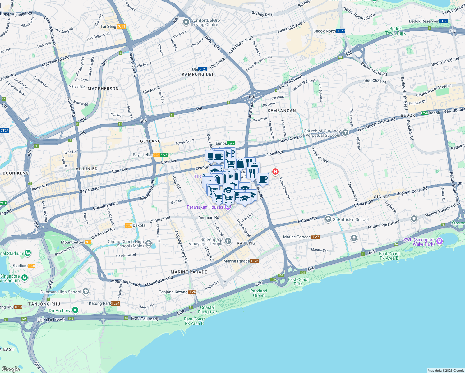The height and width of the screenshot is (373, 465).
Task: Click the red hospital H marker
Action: [275, 172]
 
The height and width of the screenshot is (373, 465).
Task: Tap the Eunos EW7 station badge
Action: [231, 143]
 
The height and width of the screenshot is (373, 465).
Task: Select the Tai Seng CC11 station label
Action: [121, 26]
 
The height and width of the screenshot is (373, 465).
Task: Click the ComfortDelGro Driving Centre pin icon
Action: [186, 22]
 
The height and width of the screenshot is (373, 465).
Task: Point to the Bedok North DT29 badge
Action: [341, 31]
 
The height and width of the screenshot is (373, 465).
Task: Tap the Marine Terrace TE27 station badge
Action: [315, 237]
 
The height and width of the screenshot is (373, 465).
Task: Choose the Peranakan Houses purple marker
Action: [228, 207]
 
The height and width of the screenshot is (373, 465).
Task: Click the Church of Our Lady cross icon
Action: [345, 133]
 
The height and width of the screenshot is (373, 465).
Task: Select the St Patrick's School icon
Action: [328, 219]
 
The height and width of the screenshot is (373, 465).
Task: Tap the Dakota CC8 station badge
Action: [129, 225]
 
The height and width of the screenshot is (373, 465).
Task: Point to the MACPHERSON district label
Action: [103, 89]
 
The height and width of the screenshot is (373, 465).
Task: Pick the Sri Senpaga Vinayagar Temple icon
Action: [228, 241]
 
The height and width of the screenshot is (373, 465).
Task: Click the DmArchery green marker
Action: [75, 310]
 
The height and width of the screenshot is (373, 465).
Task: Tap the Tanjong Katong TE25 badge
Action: [192, 292]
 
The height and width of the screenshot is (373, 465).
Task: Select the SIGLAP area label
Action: [382, 197]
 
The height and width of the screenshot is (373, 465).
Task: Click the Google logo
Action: [11, 369]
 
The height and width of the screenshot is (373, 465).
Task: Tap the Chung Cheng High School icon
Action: [149, 243]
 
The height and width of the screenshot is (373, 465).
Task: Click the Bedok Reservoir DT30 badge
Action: [443, 21]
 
